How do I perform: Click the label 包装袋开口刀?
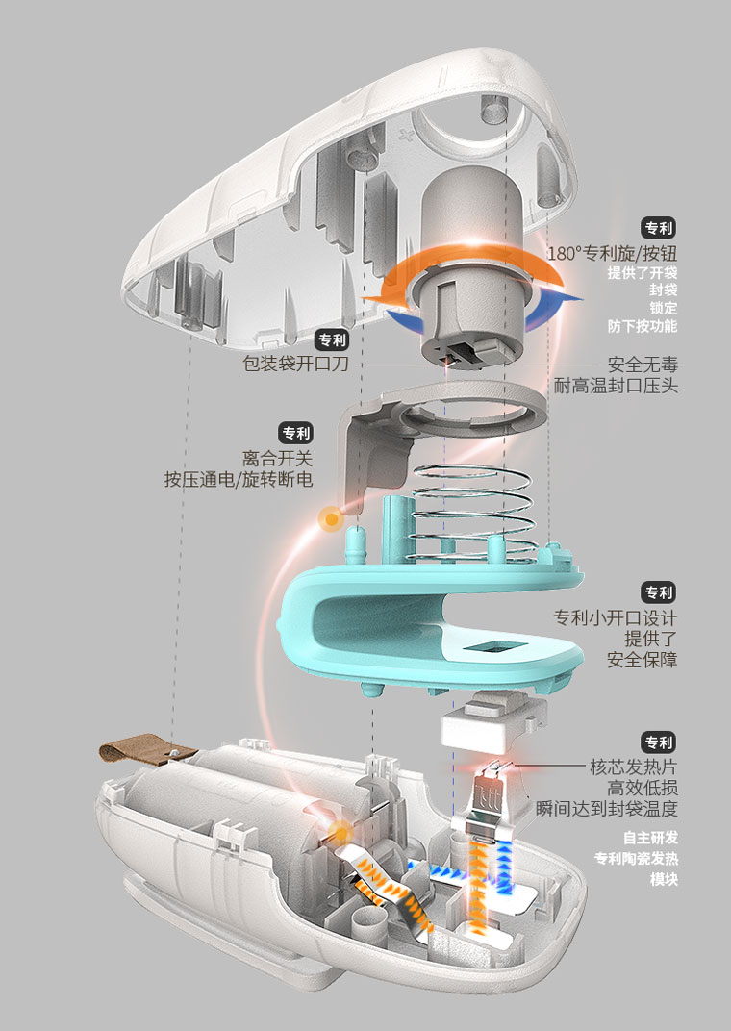pos(295,363)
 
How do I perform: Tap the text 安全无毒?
pos(643,365)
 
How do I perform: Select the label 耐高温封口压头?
pos(616,386)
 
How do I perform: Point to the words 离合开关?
pos(277,458)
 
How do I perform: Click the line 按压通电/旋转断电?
pos(239,479)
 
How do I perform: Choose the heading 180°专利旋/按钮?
pos(612,254)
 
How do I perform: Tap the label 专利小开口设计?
pos(616,617)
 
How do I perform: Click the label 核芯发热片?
pos(634,767)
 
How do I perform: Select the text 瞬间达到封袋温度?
pos(607,808)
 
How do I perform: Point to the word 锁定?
pos(664,308)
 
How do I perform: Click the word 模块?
pos(664,879)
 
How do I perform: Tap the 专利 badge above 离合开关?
pos(296,434)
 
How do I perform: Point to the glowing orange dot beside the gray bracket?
pos(331,518)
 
